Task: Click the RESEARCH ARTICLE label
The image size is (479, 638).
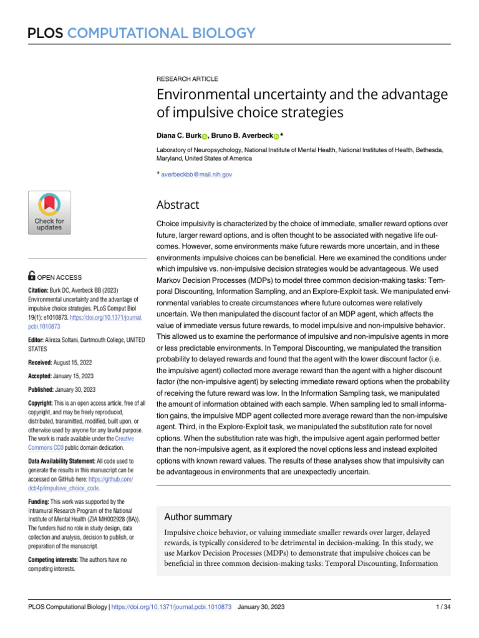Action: click(x=186, y=79)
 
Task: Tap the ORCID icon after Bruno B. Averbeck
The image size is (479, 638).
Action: click(x=276, y=136)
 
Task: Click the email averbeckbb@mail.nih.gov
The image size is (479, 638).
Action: click(x=196, y=175)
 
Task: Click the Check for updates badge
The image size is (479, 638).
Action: click(x=49, y=212)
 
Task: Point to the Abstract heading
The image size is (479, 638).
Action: click(x=178, y=205)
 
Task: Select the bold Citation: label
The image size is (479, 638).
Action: click(x=41, y=290)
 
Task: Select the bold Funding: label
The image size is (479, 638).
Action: click(x=42, y=502)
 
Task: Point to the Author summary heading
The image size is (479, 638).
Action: click(x=198, y=517)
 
